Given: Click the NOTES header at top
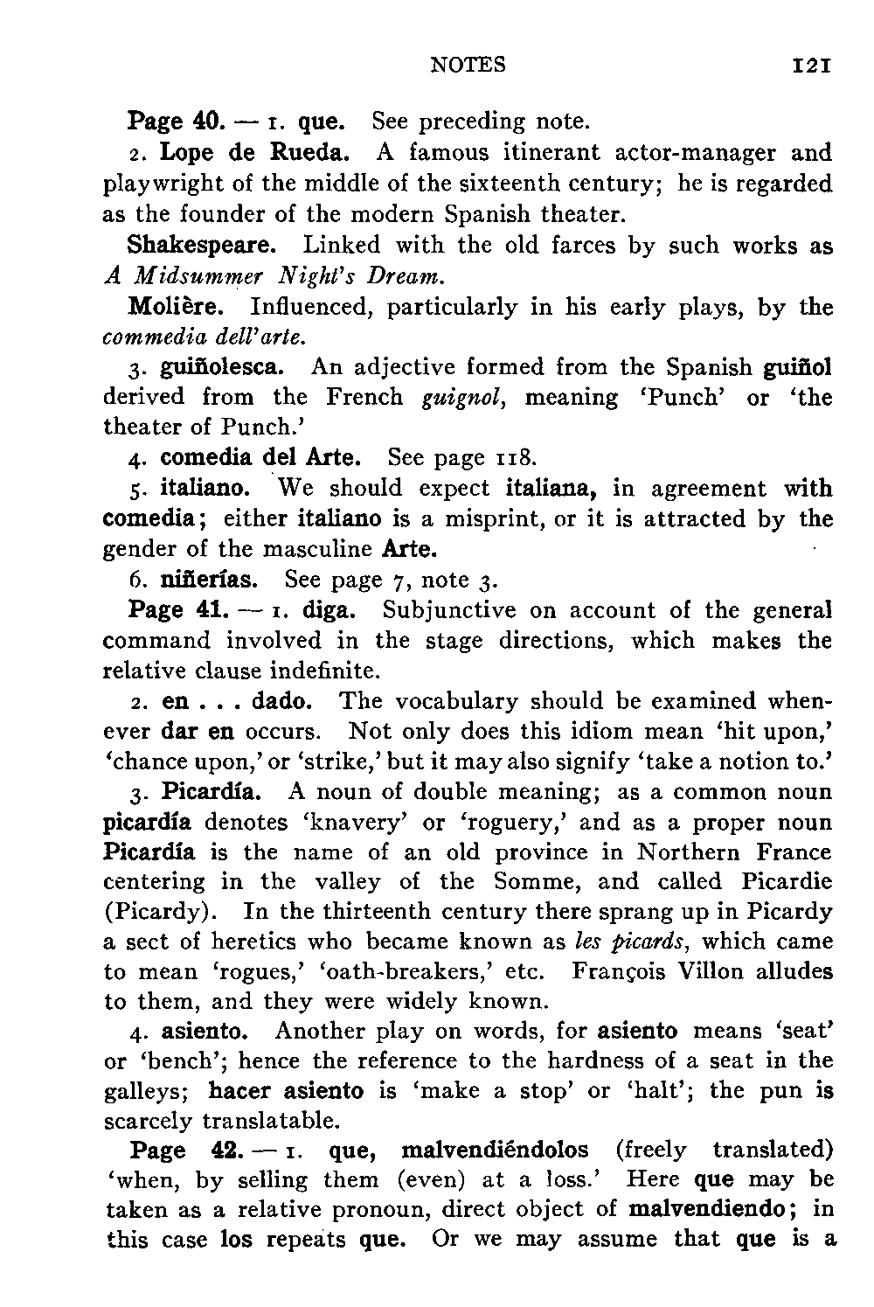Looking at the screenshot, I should coord(468,65).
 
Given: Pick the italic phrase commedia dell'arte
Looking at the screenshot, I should coord(204,337).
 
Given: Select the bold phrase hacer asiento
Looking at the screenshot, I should coord(287,1091).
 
